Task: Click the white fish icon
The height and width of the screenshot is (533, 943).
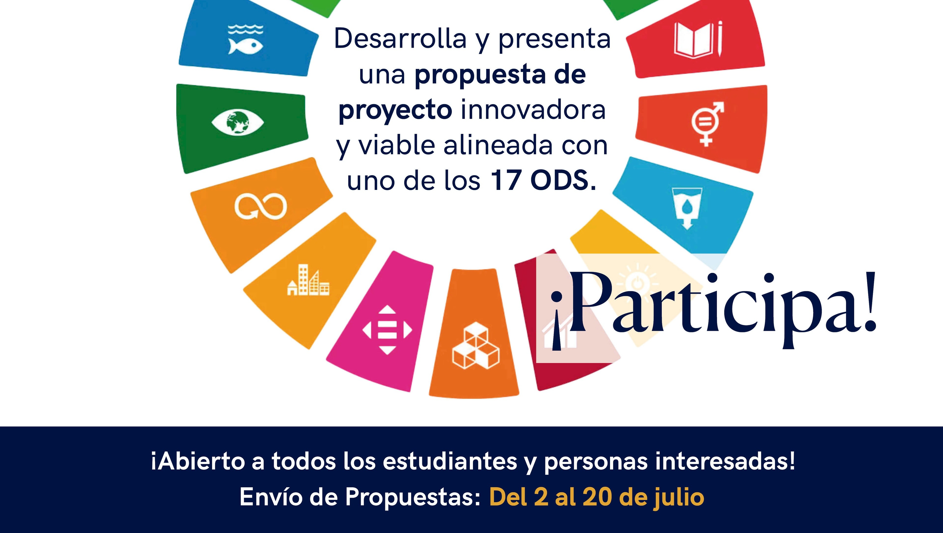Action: tap(245, 40)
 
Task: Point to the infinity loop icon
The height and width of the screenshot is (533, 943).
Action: tap(260, 206)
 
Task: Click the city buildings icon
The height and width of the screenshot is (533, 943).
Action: tap(308, 281)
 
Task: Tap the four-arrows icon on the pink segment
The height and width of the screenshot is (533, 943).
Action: tap(387, 330)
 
